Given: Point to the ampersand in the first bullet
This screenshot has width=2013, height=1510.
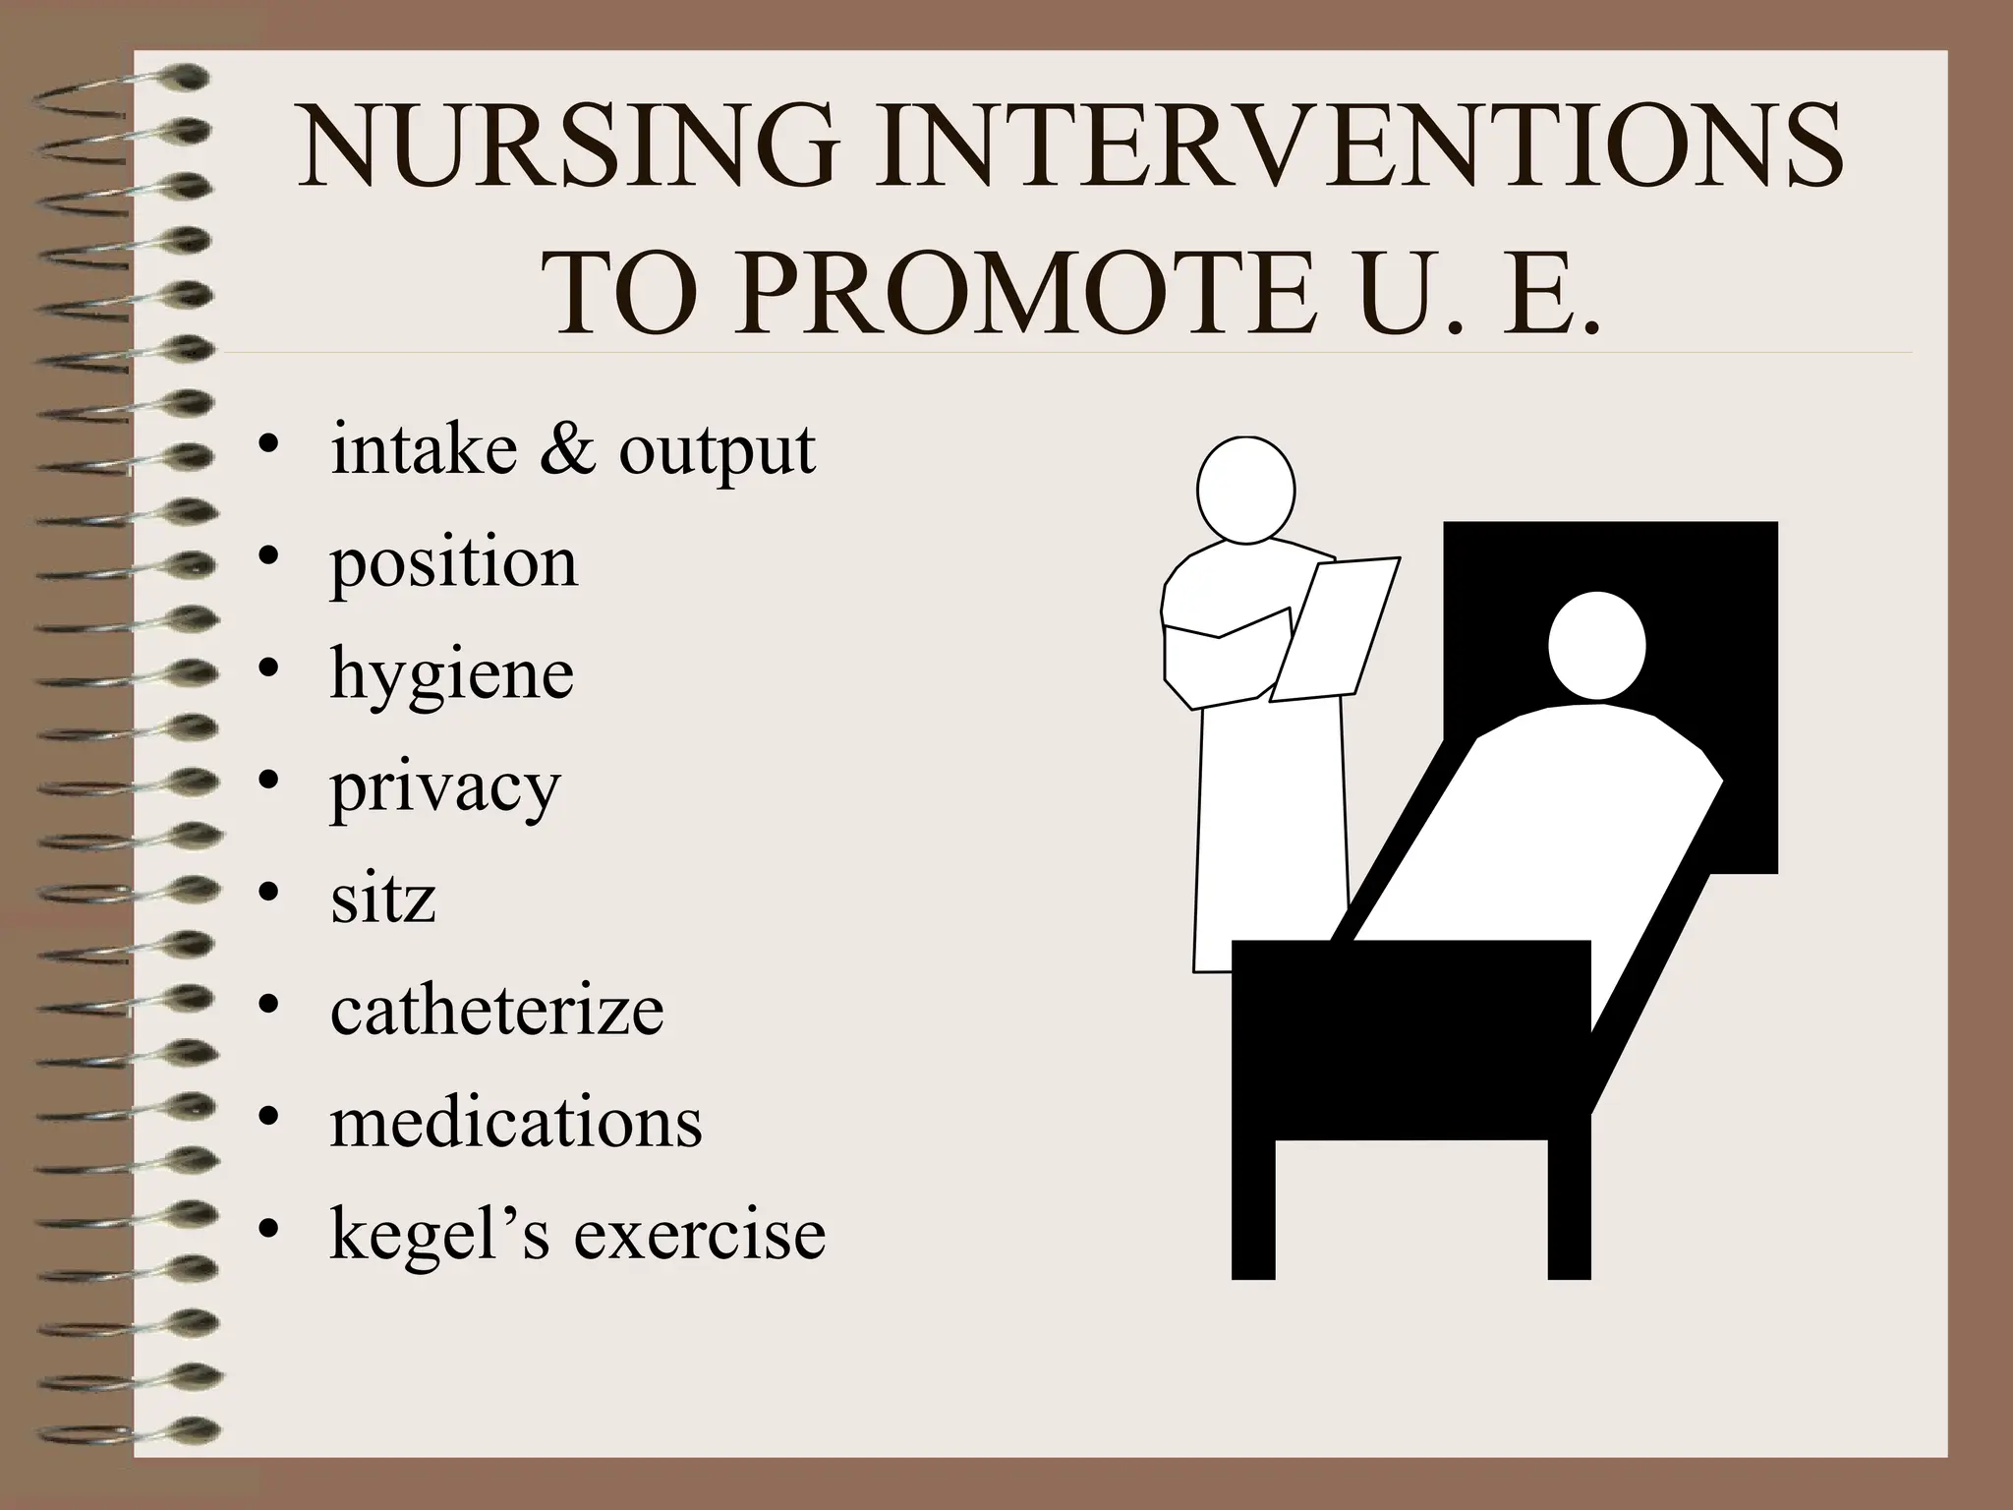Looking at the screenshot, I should pos(567,449).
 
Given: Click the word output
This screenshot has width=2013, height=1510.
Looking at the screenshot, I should pos(717,453).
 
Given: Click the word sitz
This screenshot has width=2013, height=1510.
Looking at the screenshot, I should pos(382,898).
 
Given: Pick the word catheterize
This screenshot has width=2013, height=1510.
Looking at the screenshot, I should pos(496,1010).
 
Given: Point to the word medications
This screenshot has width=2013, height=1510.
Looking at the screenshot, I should pos(516,1122).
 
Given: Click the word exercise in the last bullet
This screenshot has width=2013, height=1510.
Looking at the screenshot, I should pos(699,1234).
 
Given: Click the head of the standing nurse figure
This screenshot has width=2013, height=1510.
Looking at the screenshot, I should pos(1245,490).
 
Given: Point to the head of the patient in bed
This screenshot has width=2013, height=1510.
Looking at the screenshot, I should pos(1596,646).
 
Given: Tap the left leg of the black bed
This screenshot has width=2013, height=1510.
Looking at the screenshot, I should pos(1253,1209).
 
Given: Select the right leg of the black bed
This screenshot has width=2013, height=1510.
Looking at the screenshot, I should pos(1569,1209).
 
